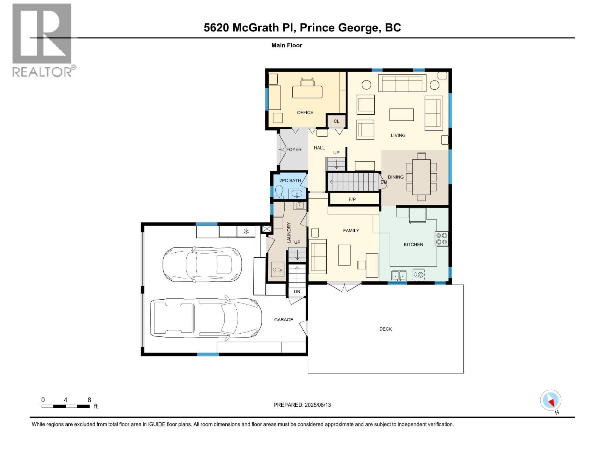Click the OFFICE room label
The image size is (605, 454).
305,112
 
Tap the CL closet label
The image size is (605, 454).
336,121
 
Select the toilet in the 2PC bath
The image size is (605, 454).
279,191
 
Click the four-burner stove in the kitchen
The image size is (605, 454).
442,238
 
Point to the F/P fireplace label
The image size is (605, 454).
352,199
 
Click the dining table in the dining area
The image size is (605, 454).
421,177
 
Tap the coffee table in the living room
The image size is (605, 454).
402,114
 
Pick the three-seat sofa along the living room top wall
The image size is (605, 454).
402,83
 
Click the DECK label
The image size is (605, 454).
385,329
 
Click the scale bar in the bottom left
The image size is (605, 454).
66,406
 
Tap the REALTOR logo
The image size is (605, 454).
42,40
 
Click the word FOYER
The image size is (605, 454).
294,149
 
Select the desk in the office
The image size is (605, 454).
307,92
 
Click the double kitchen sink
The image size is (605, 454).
399,275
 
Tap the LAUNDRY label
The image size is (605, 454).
289,233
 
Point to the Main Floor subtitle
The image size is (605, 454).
287,45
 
